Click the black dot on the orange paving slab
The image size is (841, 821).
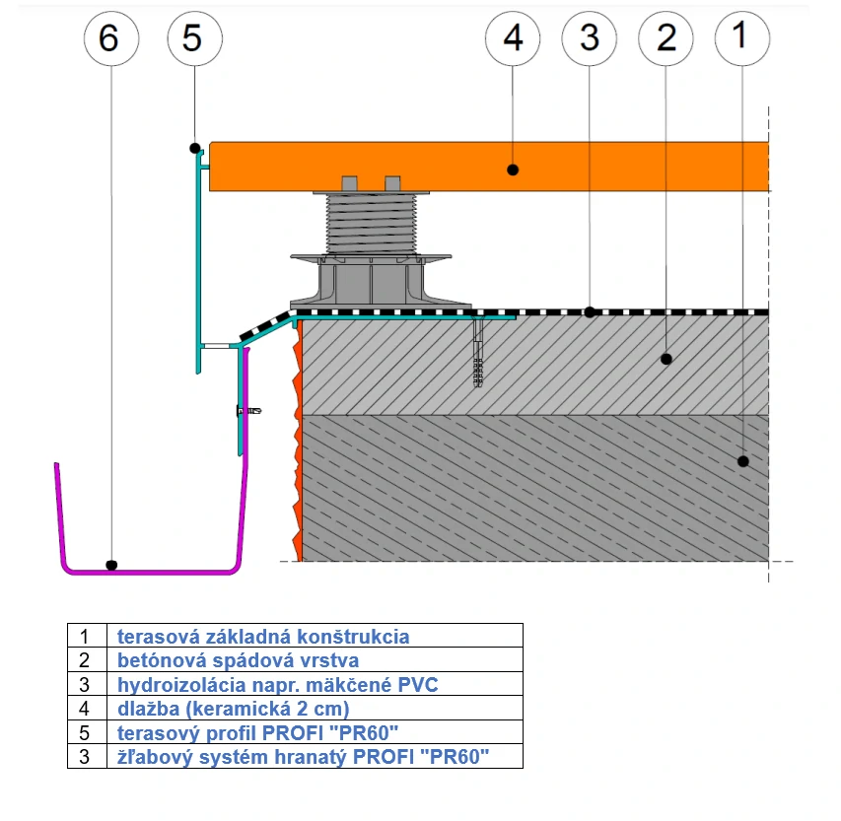click(x=513, y=170)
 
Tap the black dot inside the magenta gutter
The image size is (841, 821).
click(x=111, y=566)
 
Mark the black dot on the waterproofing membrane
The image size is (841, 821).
click(x=589, y=311)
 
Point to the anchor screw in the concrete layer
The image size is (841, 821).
click(x=479, y=355)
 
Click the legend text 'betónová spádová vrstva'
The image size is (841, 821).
click(x=238, y=660)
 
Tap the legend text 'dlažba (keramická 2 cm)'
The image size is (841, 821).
click(x=233, y=709)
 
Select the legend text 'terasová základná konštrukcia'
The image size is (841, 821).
click(x=262, y=637)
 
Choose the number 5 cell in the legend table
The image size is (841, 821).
click(x=86, y=733)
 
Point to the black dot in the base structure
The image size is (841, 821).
click(x=743, y=460)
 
